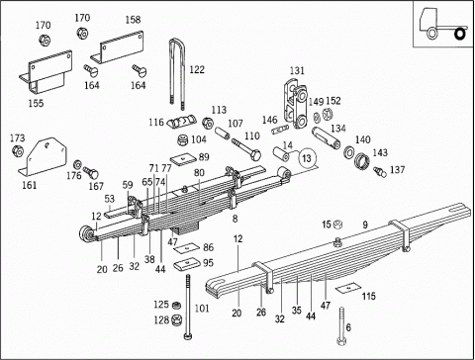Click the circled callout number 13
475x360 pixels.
(x=307, y=158)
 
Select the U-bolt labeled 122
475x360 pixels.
(x=172, y=72)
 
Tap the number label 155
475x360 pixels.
(x=36, y=103)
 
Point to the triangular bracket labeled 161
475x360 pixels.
(x=43, y=157)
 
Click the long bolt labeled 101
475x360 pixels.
(x=188, y=307)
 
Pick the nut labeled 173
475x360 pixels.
(x=17, y=151)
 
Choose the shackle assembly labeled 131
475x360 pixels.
(x=296, y=104)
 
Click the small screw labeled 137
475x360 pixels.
(x=380, y=171)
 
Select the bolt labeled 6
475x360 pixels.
(x=341, y=326)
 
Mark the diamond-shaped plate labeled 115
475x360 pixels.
(x=348, y=288)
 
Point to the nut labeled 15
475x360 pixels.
(x=337, y=225)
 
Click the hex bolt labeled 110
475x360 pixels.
(x=246, y=149)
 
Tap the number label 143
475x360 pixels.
(x=380, y=152)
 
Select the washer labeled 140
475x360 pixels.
(x=349, y=151)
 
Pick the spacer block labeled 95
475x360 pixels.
(x=186, y=264)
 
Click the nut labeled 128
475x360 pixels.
(x=176, y=320)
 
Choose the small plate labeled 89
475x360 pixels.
(x=183, y=159)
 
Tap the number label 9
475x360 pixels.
(x=365, y=225)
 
